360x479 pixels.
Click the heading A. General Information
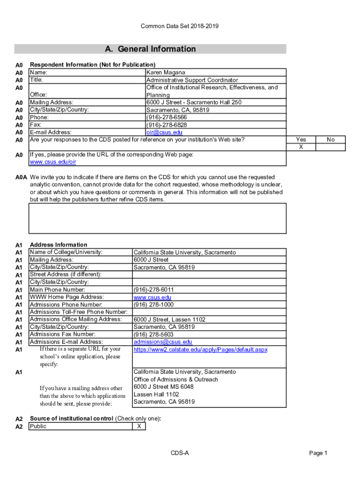coord(150,49)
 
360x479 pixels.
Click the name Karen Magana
coord(166,73)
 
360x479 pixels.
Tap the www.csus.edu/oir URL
coord(53,162)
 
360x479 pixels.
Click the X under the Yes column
coord(301,147)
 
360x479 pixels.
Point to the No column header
coord(331,139)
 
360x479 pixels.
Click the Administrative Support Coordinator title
coord(192,80)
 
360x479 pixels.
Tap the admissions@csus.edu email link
coord(163,342)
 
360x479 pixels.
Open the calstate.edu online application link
coord(200,349)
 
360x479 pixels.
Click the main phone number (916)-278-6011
coord(154,290)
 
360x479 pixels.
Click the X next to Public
coord(139,427)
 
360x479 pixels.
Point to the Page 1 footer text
coord(318,453)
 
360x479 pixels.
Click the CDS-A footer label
coord(180,453)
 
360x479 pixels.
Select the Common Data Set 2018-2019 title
coord(180,26)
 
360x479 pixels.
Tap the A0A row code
coord(22,178)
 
